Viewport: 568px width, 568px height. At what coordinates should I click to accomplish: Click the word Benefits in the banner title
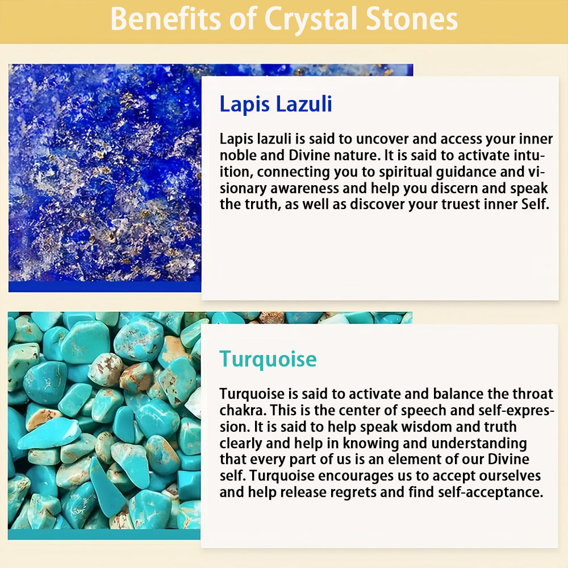point(165,19)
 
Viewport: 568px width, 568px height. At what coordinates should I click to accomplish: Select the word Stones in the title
point(411,19)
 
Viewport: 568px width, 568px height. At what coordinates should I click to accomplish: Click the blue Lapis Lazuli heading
point(275,105)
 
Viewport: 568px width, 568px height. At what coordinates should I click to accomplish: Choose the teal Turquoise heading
point(268,360)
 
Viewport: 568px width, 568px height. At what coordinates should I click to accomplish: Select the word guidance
point(466,172)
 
